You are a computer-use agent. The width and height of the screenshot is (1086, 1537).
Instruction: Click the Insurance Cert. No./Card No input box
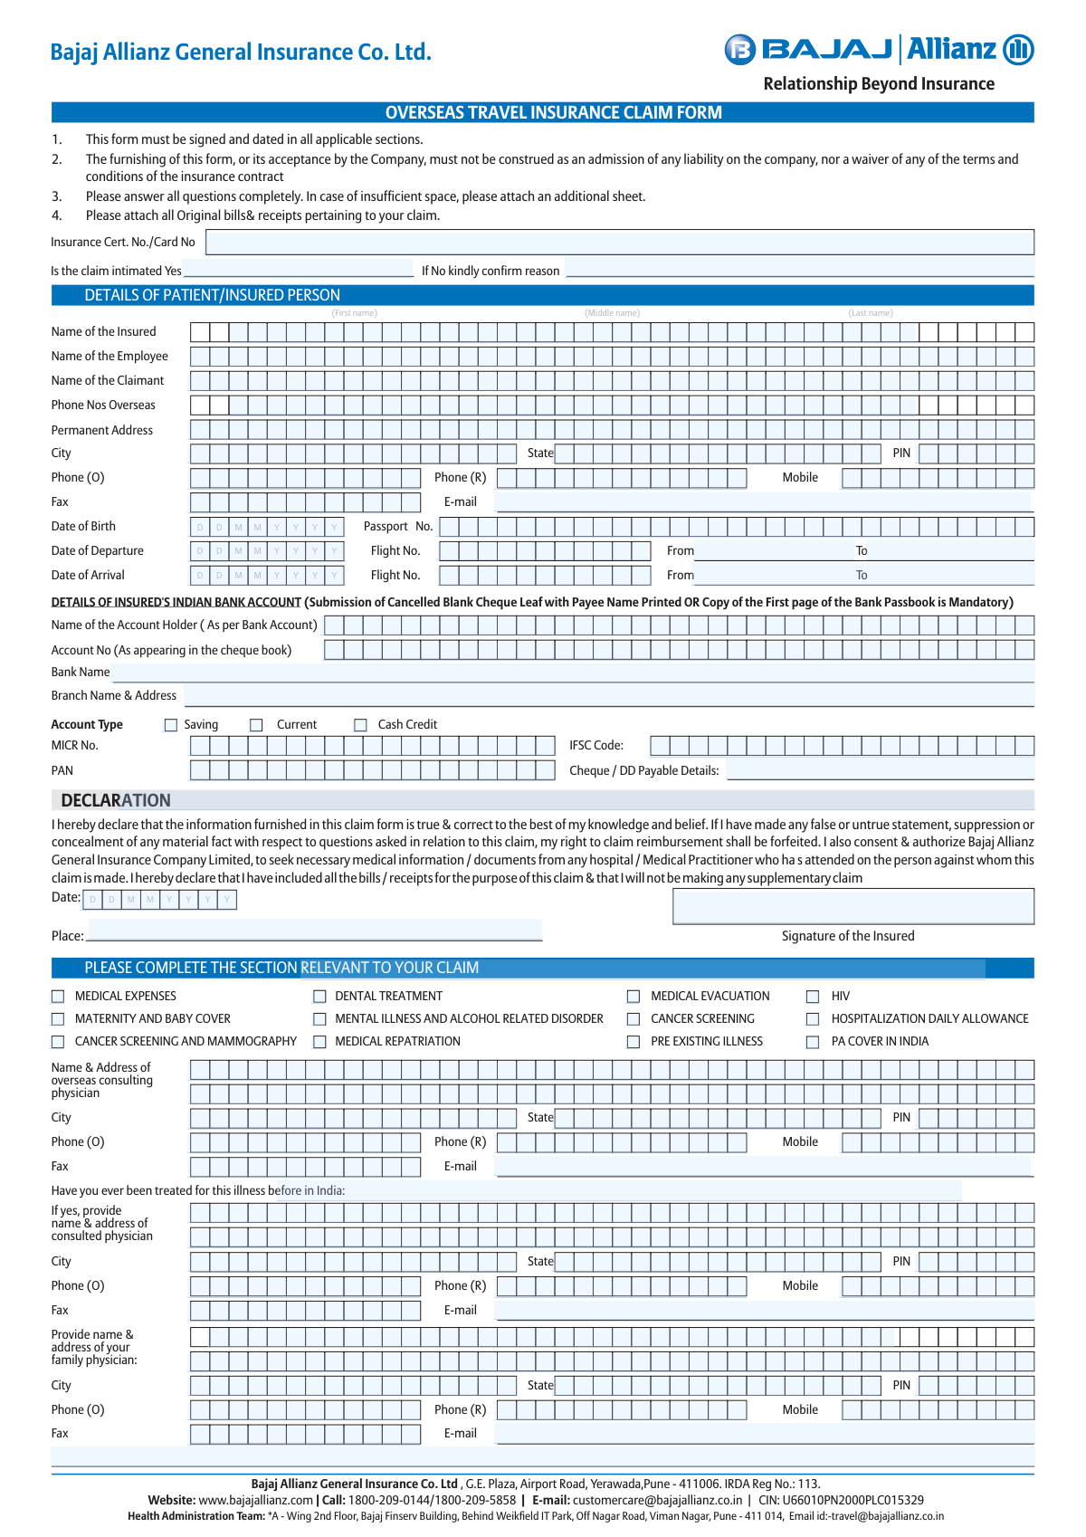pos(619,242)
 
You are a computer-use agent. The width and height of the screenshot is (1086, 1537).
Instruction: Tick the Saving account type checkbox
pos(171,725)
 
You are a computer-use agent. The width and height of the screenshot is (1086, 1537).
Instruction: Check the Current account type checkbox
pos(256,725)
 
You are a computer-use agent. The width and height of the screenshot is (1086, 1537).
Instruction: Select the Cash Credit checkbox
pos(360,725)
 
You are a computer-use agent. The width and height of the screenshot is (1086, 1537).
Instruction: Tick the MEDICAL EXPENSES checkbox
pos(58,997)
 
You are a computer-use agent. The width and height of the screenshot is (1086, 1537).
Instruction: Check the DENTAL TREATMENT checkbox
pos(319,997)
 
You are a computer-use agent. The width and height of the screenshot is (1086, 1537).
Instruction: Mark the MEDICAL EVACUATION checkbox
pos(633,997)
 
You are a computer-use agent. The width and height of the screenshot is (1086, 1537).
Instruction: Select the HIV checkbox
pos(813,997)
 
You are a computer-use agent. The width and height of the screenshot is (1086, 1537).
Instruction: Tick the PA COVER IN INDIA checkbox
pos(813,1042)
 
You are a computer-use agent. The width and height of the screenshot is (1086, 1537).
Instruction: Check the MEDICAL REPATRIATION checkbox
pos(319,1042)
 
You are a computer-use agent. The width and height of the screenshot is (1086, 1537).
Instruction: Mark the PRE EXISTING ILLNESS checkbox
pos(633,1042)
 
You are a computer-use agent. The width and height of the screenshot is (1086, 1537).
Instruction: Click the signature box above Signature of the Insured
pos(853,906)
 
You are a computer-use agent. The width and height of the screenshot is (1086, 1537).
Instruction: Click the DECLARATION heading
pos(116,800)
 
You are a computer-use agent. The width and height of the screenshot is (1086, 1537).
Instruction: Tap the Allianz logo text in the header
pos(951,49)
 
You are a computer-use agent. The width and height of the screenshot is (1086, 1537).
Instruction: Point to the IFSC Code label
pos(596,746)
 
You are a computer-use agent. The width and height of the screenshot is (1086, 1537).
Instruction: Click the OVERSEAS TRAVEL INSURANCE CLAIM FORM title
pos(553,112)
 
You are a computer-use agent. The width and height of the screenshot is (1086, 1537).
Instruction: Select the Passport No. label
pos(398,527)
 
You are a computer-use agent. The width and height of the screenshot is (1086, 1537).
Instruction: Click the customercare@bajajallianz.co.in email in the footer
pos(657,1500)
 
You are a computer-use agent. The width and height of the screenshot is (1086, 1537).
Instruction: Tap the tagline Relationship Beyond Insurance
pos(878,84)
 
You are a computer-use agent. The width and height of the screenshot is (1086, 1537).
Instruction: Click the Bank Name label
pos(81,673)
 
